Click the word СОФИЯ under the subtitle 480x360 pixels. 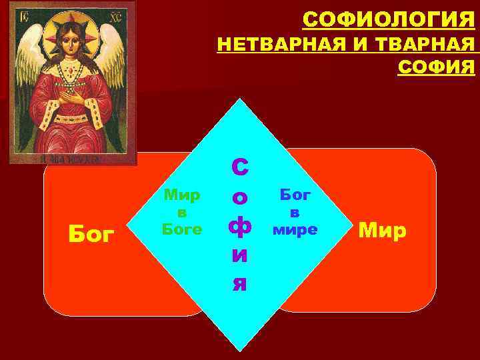click(x=436, y=67)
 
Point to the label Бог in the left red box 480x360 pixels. click(x=92, y=235)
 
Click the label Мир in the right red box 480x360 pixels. click(x=382, y=231)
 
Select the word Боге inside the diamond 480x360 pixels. click(x=182, y=228)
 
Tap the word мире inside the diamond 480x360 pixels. click(x=295, y=229)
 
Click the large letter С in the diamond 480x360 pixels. click(x=240, y=169)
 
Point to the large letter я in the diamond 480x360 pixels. click(x=240, y=283)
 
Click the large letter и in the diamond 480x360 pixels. click(x=240, y=255)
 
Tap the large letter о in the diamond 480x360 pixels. click(x=240, y=198)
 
